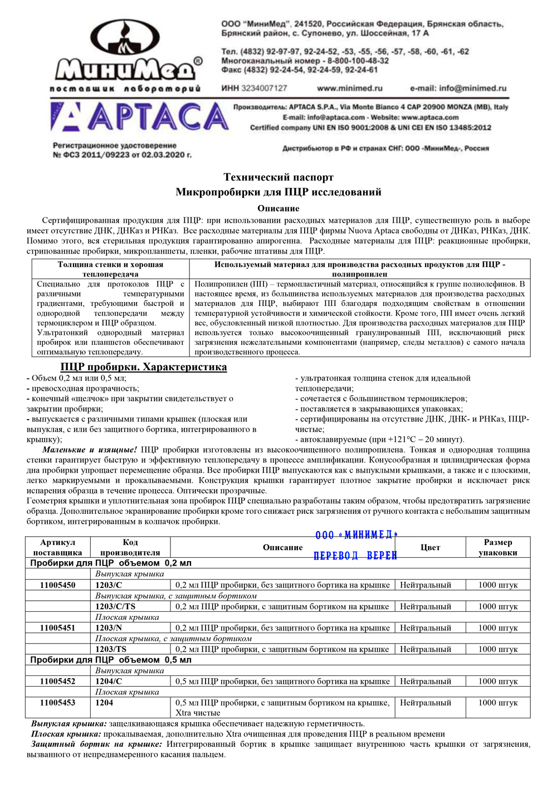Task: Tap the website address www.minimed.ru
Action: pos(349,88)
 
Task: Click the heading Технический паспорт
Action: pos(278,177)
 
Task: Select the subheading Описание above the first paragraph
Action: pos(278,208)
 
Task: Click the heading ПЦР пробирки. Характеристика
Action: pos(144,367)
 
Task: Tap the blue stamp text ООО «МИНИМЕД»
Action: pos(356,536)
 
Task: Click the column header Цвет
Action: pos(430,547)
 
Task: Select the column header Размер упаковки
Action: pos(497,547)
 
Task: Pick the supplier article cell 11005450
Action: pos(57,585)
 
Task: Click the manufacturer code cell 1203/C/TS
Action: pos(115,606)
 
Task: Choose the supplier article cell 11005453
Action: pos(57,703)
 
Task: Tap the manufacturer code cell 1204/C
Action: pos(109,681)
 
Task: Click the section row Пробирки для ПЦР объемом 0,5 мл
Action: pos(111,660)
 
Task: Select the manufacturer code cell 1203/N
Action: pos(109,628)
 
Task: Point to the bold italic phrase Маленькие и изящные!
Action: pos(90,450)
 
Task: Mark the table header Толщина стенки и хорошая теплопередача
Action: pos(110,269)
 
